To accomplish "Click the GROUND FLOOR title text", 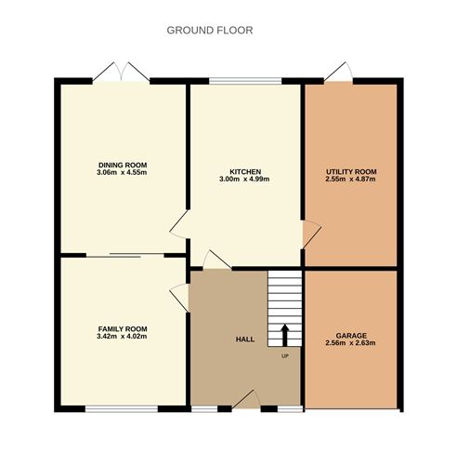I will coord(209,30).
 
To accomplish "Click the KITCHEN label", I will coord(245,171).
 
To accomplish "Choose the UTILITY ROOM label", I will coord(351,172).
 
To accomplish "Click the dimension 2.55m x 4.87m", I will coord(351,180).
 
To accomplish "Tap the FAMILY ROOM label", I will coord(124,328).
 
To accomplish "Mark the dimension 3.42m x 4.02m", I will coord(124,337).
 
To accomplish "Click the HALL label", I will coord(244,340).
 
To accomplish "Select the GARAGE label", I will coord(351,335).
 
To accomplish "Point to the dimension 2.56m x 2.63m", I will coord(351,343).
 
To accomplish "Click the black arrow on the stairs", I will coord(285,334).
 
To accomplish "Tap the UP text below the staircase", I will coord(284,355).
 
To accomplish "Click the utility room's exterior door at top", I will coord(338,73).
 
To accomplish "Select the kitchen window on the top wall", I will coord(245,82).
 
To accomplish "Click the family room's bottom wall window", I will coord(123,407).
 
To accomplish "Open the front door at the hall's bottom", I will coord(244,401).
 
